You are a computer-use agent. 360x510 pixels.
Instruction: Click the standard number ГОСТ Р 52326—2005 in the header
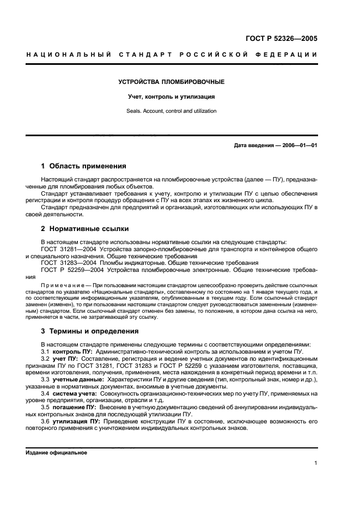coord(281,39)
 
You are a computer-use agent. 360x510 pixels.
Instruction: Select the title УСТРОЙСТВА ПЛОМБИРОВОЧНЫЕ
coord(172,82)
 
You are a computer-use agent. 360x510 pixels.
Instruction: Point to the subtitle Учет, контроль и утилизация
coord(172,97)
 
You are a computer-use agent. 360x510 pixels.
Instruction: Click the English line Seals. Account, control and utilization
coord(172,111)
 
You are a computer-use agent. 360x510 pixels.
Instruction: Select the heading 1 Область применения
coord(84,166)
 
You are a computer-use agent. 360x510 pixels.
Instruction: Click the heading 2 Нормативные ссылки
coord(85,229)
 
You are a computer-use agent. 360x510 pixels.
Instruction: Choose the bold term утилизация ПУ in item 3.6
coord(76,421)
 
